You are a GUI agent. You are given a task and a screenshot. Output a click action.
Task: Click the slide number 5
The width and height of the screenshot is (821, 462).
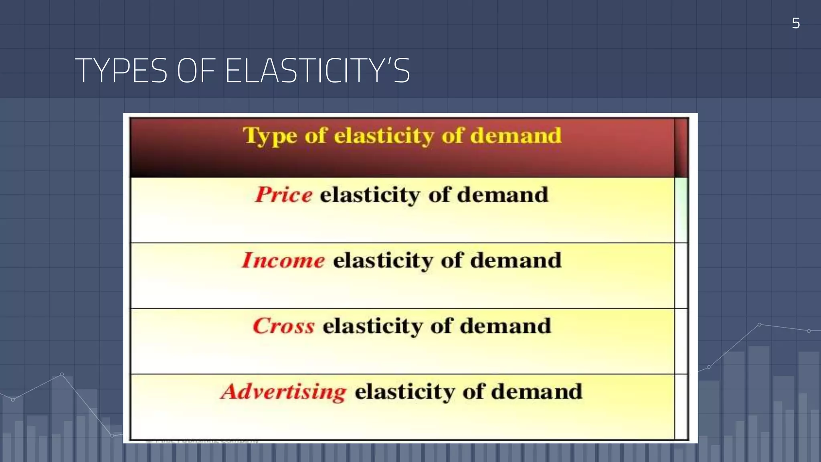click(x=796, y=23)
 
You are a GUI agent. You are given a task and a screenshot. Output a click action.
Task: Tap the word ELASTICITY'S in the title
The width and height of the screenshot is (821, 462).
click(x=318, y=71)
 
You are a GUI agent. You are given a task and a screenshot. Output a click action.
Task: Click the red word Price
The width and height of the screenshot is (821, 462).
click(x=284, y=195)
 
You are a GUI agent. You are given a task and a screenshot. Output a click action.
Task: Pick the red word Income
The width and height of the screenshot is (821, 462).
click(x=283, y=260)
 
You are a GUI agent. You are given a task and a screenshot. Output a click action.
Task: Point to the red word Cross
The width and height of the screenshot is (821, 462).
click(x=284, y=326)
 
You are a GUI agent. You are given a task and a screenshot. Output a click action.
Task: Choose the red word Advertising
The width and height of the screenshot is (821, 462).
click(x=283, y=391)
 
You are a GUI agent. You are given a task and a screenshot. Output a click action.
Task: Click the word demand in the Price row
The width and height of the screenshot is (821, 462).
click(x=502, y=195)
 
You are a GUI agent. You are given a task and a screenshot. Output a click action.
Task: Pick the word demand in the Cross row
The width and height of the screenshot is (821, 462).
click(x=505, y=326)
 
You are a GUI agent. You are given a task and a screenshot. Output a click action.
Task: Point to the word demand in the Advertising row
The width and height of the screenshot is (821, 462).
click(x=537, y=391)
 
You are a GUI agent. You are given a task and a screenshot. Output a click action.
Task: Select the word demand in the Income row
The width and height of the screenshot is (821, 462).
click(x=516, y=260)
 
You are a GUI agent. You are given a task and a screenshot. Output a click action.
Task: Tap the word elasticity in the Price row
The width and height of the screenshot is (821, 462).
click(x=370, y=195)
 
